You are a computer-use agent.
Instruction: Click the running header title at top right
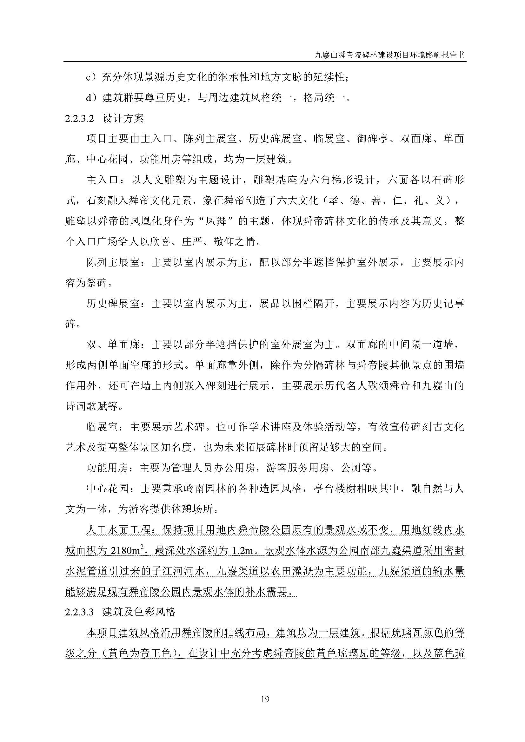click(390, 55)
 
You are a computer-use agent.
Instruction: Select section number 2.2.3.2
click(79, 119)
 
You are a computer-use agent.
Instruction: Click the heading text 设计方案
click(123, 119)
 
